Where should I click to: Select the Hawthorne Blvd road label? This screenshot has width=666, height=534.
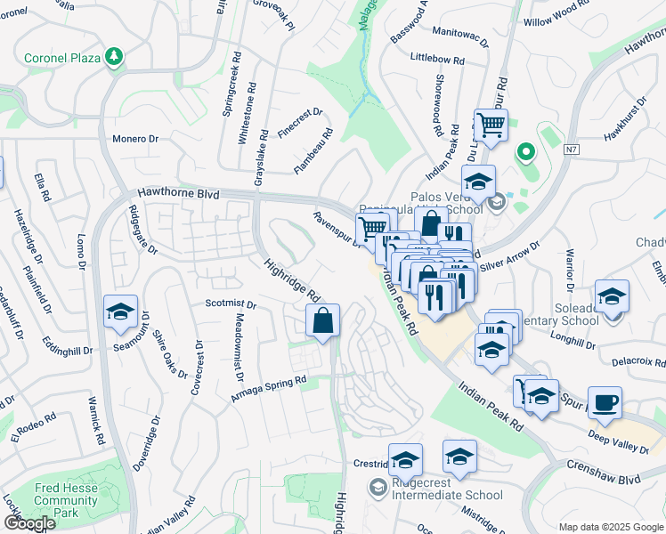point(177,192)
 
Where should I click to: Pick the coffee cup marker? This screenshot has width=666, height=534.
point(605,402)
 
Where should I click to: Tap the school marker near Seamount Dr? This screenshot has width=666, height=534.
point(120,311)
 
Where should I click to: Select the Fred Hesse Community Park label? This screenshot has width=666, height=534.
point(66,500)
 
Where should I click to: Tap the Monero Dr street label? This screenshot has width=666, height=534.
point(134,139)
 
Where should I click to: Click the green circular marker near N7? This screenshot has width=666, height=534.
point(525,153)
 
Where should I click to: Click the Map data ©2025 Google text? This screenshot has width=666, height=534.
point(611,527)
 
